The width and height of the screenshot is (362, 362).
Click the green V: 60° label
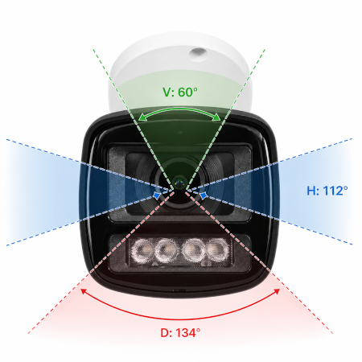coord(180,92)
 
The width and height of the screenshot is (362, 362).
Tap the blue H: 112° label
coord(327,191)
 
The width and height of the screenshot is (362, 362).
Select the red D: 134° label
coord(180,333)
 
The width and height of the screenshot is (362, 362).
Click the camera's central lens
coord(179,182)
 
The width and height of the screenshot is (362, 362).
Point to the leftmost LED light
coord(142,250)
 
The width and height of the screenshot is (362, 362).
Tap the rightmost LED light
coord(218,249)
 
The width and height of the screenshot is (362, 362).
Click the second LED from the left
coord(167,250)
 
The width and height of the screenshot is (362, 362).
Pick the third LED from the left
coord(193,250)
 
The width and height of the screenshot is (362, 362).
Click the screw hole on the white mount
coord(198,54)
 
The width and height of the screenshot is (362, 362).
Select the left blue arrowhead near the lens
coord(157,195)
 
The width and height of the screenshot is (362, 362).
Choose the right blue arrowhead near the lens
coord(204,195)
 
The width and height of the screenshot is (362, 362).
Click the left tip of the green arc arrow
coord(139,120)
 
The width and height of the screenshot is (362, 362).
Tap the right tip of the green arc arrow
coord(220,120)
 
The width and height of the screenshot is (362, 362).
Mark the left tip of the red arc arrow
coord(81,289)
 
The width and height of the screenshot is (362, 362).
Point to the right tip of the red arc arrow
coord(280,289)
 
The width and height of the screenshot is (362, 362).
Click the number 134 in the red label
coord(185,333)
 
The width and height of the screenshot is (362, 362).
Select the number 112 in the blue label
coord(332,191)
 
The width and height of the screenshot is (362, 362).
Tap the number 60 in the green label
coord(185,92)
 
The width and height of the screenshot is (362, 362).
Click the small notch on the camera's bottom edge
coord(179,290)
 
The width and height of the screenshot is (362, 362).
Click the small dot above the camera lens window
coord(180,132)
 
